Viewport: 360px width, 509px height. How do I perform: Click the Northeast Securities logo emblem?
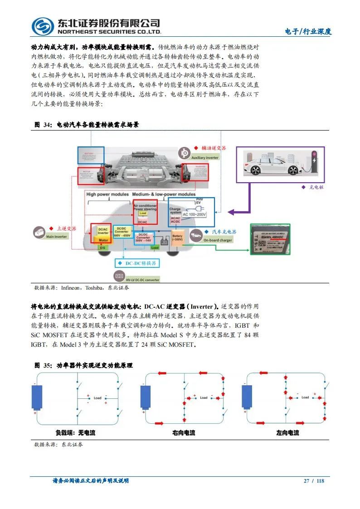pyautogui.click(x=43, y=26)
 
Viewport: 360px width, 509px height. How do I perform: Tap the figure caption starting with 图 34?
pyautogui.click(x=86, y=125)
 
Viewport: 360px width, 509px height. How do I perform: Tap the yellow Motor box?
pyautogui.click(x=103, y=241)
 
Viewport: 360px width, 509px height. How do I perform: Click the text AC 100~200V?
pyautogui.click(x=194, y=213)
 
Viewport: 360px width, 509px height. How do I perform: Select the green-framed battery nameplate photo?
pyautogui.click(x=270, y=239)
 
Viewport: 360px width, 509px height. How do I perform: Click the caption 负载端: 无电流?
pyautogui.click(x=73, y=433)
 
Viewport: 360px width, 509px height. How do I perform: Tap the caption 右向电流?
pyautogui.click(x=184, y=433)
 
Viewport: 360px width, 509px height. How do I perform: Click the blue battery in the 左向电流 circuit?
pyautogui.click(x=247, y=397)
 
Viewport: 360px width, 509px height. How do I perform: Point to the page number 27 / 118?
pyautogui.click(x=314, y=481)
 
